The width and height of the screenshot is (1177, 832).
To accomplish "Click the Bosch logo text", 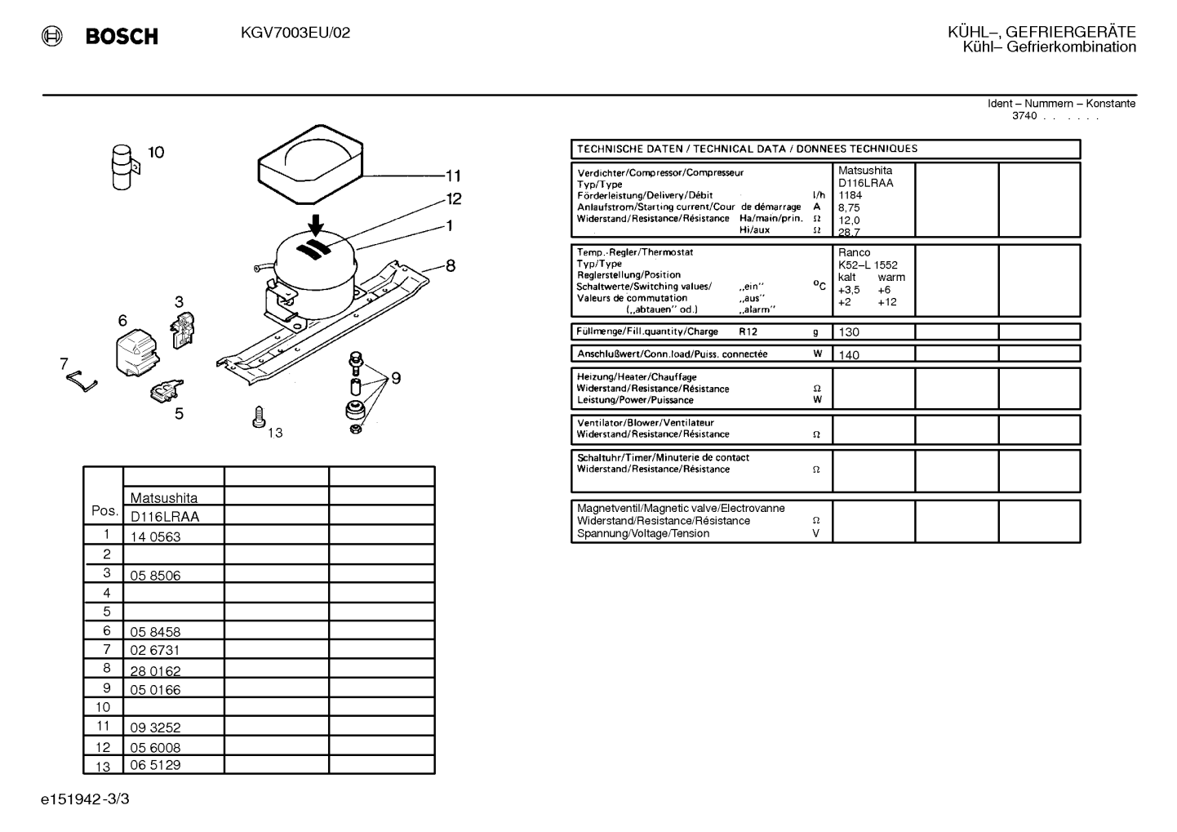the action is [x=122, y=36].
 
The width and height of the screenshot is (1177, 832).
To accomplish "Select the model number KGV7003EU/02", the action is [x=295, y=33].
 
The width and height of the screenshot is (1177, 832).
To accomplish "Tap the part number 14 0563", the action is [x=156, y=536].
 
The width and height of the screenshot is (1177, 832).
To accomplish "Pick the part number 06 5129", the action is [x=156, y=765].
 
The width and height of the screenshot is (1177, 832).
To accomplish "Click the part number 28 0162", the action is [x=156, y=671].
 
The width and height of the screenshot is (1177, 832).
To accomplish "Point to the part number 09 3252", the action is [x=156, y=727].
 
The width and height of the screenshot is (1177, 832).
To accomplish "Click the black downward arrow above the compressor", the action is [x=316, y=225].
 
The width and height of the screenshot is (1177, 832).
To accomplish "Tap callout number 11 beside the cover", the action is [x=453, y=175].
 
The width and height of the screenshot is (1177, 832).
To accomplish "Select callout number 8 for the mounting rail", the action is [x=451, y=265].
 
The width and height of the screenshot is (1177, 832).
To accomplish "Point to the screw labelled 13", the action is [x=259, y=416].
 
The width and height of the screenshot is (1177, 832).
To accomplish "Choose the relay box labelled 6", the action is [x=136, y=352].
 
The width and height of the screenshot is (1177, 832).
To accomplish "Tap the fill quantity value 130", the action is [x=849, y=332].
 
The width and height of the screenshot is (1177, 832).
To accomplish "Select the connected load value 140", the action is [x=849, y=355].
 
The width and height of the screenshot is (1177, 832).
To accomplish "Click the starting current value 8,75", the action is [x=849, y=207].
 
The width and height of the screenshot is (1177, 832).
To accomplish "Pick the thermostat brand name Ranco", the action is [x=855, y=252].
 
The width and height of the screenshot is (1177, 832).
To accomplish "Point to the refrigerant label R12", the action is [x=748, y=331].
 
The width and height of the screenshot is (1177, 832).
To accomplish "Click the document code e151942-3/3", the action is [x=85, y=799].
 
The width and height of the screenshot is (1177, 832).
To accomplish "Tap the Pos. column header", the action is [x=104, y=511].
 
